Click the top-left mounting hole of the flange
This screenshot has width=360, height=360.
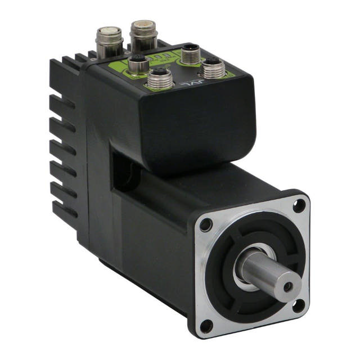coord(206,226)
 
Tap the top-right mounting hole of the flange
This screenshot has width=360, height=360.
coord(299,206)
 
